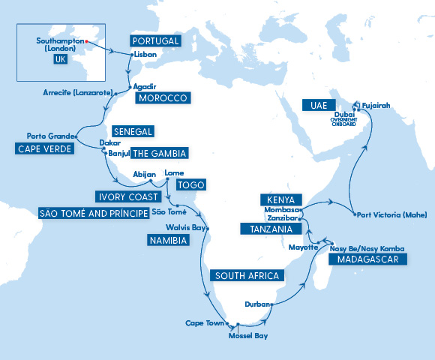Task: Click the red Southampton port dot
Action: pyautogui.click(x=87, y=41)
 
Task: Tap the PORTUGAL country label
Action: pyautogui.click(x=155, y=40)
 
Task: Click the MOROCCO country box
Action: pyautogui.click(x=161, y=98)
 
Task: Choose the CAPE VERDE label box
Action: pyautogui.click(x=44, y=149)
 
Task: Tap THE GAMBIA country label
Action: pyautogui.click(x=159, y=154)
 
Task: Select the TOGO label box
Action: pyautogui.click(x=190, y=184)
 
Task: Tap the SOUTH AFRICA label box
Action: pyautogui.click(x=247, y=276)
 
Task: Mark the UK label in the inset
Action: pyautogui.click(x=61, y=60)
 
